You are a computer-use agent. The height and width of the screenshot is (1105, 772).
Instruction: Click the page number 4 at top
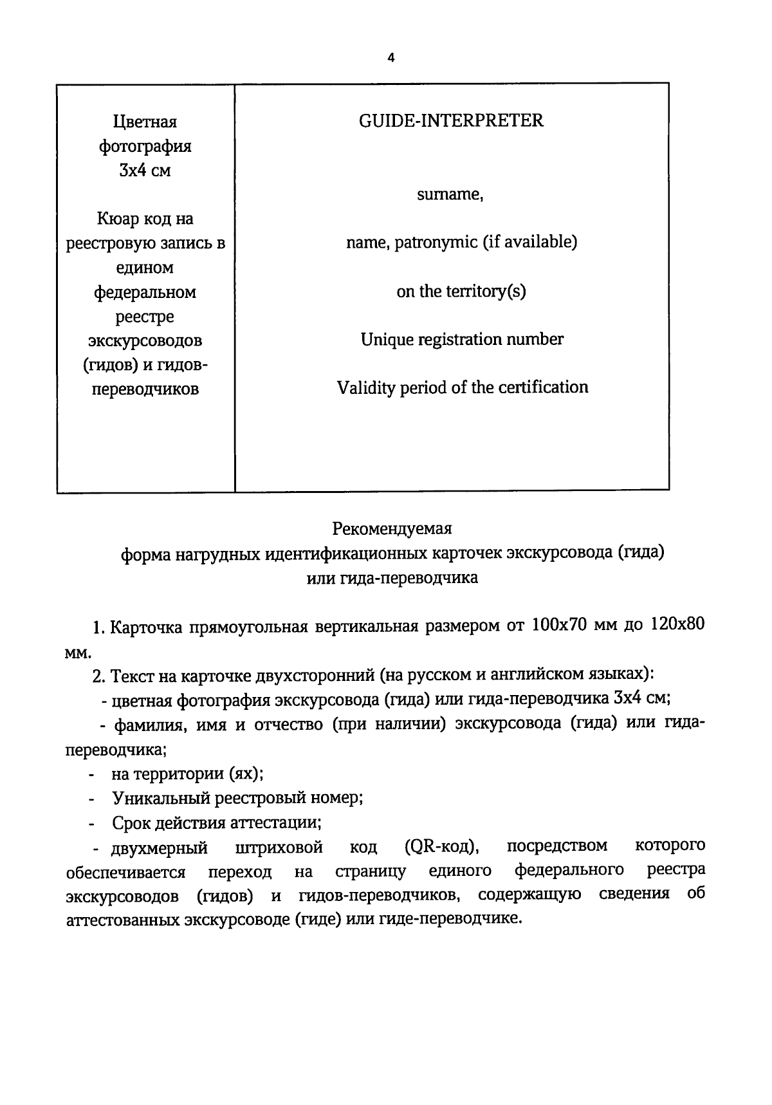click(x=391, y=58)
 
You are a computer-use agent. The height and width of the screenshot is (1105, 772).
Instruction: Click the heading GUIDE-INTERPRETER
click(x=451, y=120)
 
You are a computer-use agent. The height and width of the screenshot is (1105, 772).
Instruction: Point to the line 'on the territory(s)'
click(x=461, y=292)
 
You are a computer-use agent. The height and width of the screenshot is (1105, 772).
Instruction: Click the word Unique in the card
click(x=387, y=339)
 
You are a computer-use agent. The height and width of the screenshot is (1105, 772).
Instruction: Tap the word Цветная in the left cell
click(x=145, y=122)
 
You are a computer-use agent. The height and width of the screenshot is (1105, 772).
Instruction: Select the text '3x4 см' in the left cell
click(x=145, y=171)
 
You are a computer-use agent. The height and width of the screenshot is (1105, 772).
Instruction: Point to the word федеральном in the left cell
click(x=145, y=293)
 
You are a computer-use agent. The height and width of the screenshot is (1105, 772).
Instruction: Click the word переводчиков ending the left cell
click(x=145, y=389)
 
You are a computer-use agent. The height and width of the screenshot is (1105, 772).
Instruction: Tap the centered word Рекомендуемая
click(x=392, y=528)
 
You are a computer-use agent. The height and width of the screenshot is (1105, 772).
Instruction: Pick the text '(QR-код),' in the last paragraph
click(x=441, y=846)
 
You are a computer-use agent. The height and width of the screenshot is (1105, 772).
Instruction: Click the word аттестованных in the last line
click(x=122, y=920)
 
